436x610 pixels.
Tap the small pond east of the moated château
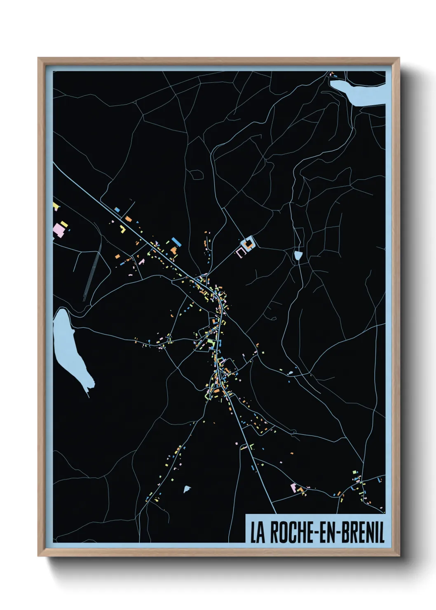coord(298,256)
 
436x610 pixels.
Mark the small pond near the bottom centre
coord(187,489)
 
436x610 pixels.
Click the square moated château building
coord(248,244)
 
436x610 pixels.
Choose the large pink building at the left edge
coord(59,230)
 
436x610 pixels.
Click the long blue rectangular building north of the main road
coord(176,240)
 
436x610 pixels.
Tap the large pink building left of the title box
coord(294,488)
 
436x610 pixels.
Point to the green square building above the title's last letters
coord(354,472)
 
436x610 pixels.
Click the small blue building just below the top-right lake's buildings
coord(335,76)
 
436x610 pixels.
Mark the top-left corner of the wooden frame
coord(39,58)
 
